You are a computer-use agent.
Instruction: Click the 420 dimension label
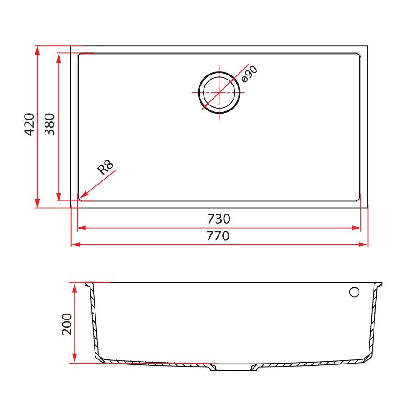pos(29,124)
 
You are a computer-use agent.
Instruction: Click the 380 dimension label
pos(50,124)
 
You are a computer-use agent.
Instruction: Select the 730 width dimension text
pos(219,219)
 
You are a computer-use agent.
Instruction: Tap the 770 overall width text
pos(218,236)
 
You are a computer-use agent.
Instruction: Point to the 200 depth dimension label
pos(67,324)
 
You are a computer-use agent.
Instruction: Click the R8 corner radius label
pos(105,168)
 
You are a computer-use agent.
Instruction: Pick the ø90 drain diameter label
pos(249,74)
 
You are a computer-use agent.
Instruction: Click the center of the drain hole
pos(219,92)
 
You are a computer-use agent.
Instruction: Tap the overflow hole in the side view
pos(354,292)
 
